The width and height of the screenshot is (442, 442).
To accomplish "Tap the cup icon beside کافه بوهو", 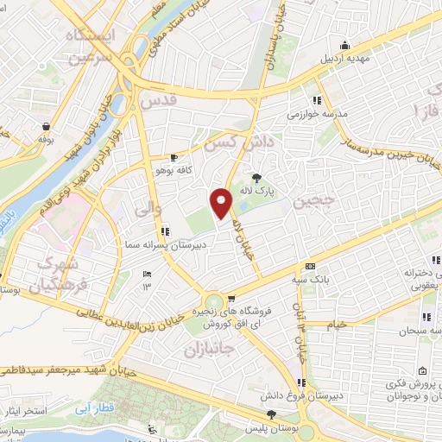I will [x=175, y=158].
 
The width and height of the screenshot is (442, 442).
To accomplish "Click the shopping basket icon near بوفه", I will [x=44, y=126].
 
